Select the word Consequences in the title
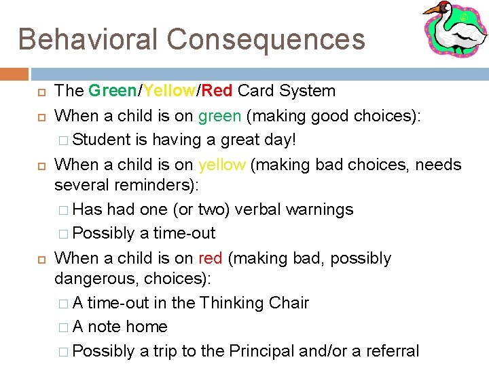(266, 39)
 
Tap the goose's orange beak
(432, 9)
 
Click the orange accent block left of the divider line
(14, 74)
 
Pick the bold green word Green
(112, 91)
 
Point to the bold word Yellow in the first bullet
(168, 91)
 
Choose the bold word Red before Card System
(217, 91)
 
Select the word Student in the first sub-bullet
(101, 140)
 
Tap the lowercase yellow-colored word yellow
(222, 165)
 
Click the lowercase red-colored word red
(211, 258)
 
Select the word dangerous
(97, 279)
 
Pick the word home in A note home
(147, 327)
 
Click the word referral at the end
(394, 351)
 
